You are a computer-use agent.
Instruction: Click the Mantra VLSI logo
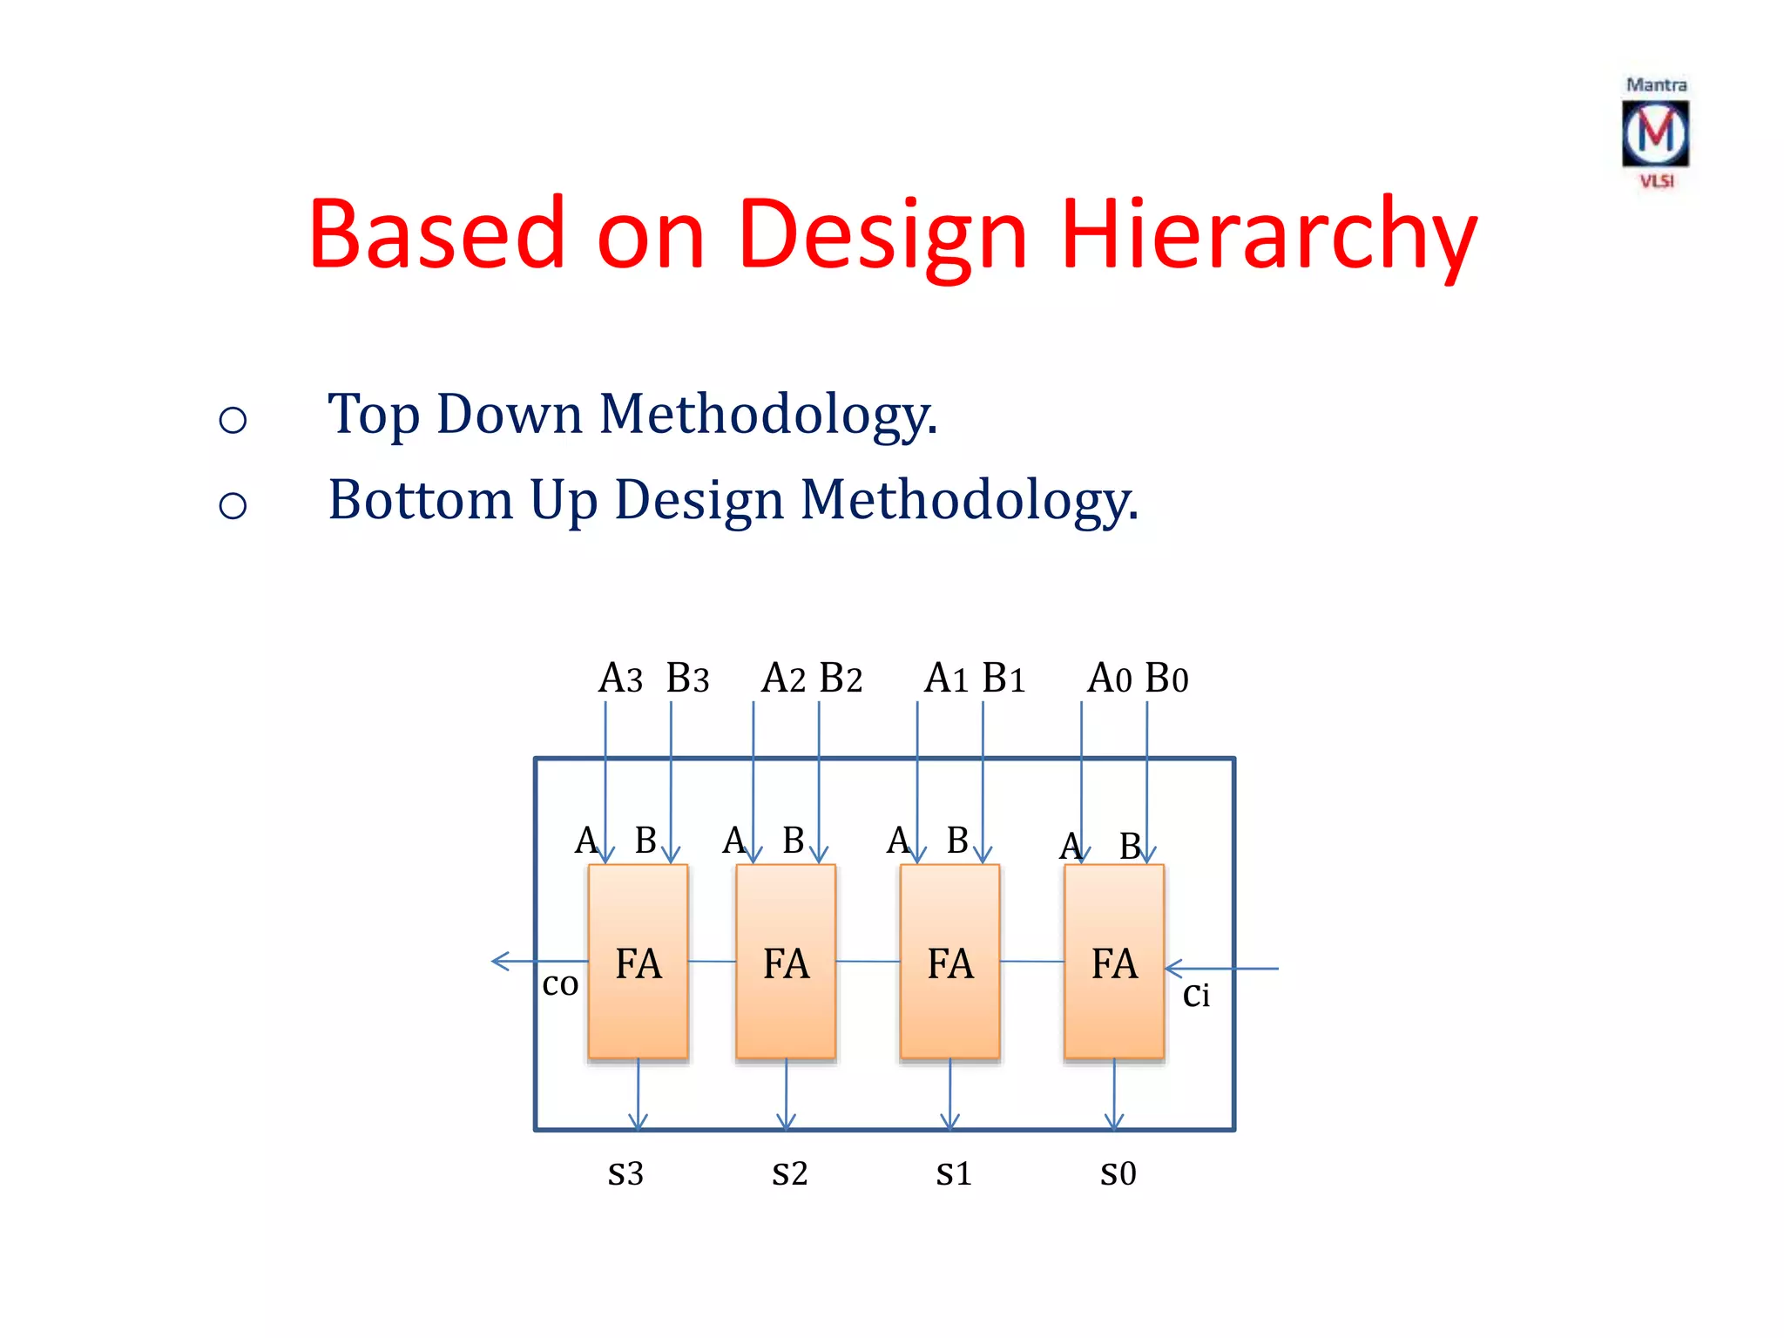coord(1655,133)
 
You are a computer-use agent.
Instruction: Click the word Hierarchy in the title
coord(1268,234)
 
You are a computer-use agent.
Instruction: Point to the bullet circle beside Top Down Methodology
coord(233,420)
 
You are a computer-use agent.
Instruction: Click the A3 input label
coord(619,679)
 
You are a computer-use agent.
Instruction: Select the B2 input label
coord(841,679)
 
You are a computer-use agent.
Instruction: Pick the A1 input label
coord(946,679)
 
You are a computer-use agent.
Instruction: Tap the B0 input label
coord(1166,679)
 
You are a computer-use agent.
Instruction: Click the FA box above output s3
coord(638,962)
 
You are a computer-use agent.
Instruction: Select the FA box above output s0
coord(1113,962)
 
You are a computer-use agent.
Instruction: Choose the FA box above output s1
coord(949,962)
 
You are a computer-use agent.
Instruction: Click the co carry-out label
coord(560,984)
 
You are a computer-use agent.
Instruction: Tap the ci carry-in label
coord(1196,995)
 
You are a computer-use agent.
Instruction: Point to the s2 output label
coord(789,1173)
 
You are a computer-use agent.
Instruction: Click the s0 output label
coord(1118,1173)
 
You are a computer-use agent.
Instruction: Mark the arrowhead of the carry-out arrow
coord(497,961)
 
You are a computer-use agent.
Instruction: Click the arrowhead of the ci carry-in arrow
coord(1172,968)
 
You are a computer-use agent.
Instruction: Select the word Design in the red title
coord(882,234)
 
